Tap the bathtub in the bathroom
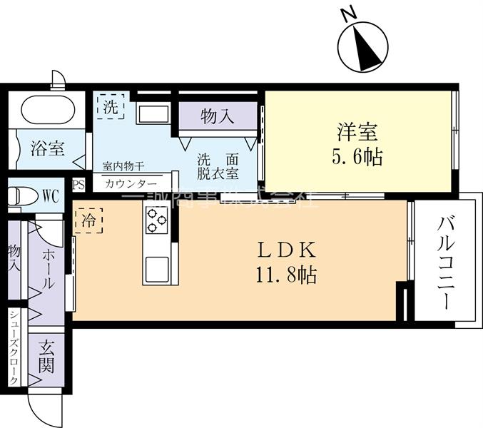48,110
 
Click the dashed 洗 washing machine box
111,107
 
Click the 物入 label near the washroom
217,116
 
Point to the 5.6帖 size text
357,157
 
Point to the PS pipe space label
78,184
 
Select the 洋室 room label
357,132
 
